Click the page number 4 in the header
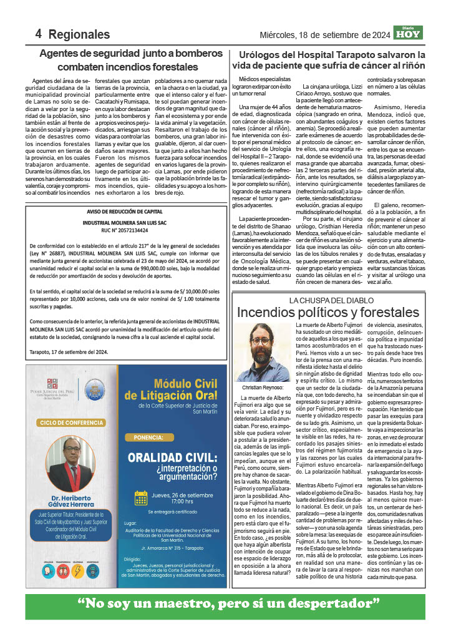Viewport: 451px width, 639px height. (38, 34)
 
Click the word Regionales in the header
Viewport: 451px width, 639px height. (79, 34)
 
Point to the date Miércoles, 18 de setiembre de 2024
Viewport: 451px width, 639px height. (324, 34)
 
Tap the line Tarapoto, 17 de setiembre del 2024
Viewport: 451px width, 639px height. (68, 351)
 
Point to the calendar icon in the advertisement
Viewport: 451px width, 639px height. (141, 497)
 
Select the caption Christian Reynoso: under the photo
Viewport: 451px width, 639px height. (263, 388)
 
